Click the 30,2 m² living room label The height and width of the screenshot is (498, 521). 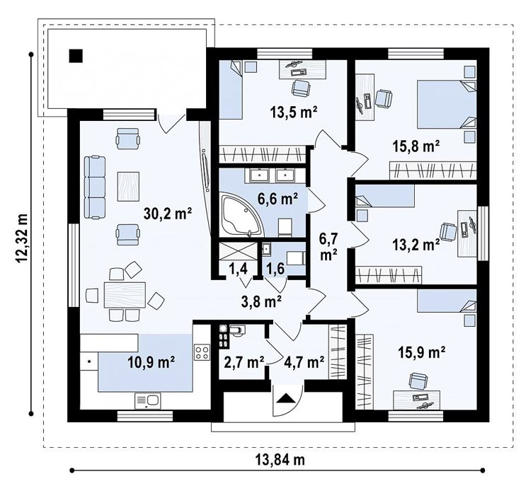tap(168, 214)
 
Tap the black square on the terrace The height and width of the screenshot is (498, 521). tap(76, 56)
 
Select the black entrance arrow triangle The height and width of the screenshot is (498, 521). tap(286, 398)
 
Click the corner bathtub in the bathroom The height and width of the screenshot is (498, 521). tap(242, 216)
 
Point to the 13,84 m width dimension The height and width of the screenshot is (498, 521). tap(280, 461)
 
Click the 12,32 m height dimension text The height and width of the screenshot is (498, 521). tap(22, 238)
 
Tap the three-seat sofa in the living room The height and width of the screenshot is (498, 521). tap(95, 187)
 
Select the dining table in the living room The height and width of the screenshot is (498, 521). tap(125, 295)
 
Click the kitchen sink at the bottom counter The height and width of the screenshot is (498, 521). tap(147, 400)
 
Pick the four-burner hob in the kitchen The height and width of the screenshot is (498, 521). tap(202, 352)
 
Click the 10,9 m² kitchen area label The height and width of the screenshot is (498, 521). tap(151, 363)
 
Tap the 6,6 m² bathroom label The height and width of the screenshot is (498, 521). tap(277, 199)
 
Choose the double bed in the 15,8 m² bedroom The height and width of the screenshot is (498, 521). tap(447, 104)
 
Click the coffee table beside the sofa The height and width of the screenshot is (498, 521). tap(128, 186)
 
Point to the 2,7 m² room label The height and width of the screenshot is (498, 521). tap(244, 362)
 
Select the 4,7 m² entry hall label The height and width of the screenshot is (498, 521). tap(304, 362)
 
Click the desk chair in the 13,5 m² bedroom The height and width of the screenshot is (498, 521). tap(301, 87)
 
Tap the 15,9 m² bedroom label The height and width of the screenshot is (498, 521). tap(422, 352)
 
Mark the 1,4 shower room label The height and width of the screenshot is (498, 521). tap(239, 269)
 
